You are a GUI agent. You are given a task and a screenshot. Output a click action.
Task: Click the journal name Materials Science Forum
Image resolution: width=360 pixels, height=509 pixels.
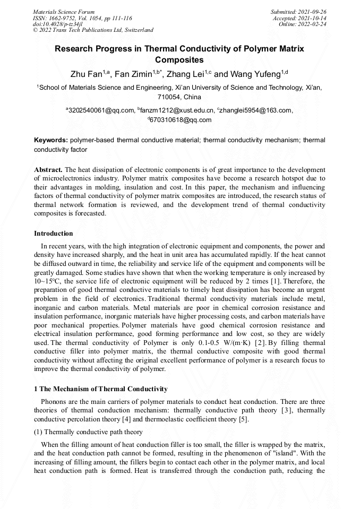pyautogui.click(x=64, y=12)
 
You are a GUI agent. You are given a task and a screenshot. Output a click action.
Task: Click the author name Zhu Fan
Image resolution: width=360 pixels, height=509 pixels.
pyautogui.click(x=86, y=74)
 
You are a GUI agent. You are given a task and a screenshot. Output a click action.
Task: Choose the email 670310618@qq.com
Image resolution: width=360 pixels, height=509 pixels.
pyautogui.click(x=181, y=120)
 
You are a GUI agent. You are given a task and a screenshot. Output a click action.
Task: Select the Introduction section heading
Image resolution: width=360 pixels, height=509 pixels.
pyautogui.click(x=54, y=234)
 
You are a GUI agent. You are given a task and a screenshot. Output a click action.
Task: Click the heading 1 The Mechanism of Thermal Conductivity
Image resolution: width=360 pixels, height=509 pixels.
pyautogui.click(x=100, y=389)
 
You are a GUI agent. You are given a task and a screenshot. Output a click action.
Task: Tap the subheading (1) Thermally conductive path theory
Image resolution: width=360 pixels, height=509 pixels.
pyautogui.click(x=88, y=432)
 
